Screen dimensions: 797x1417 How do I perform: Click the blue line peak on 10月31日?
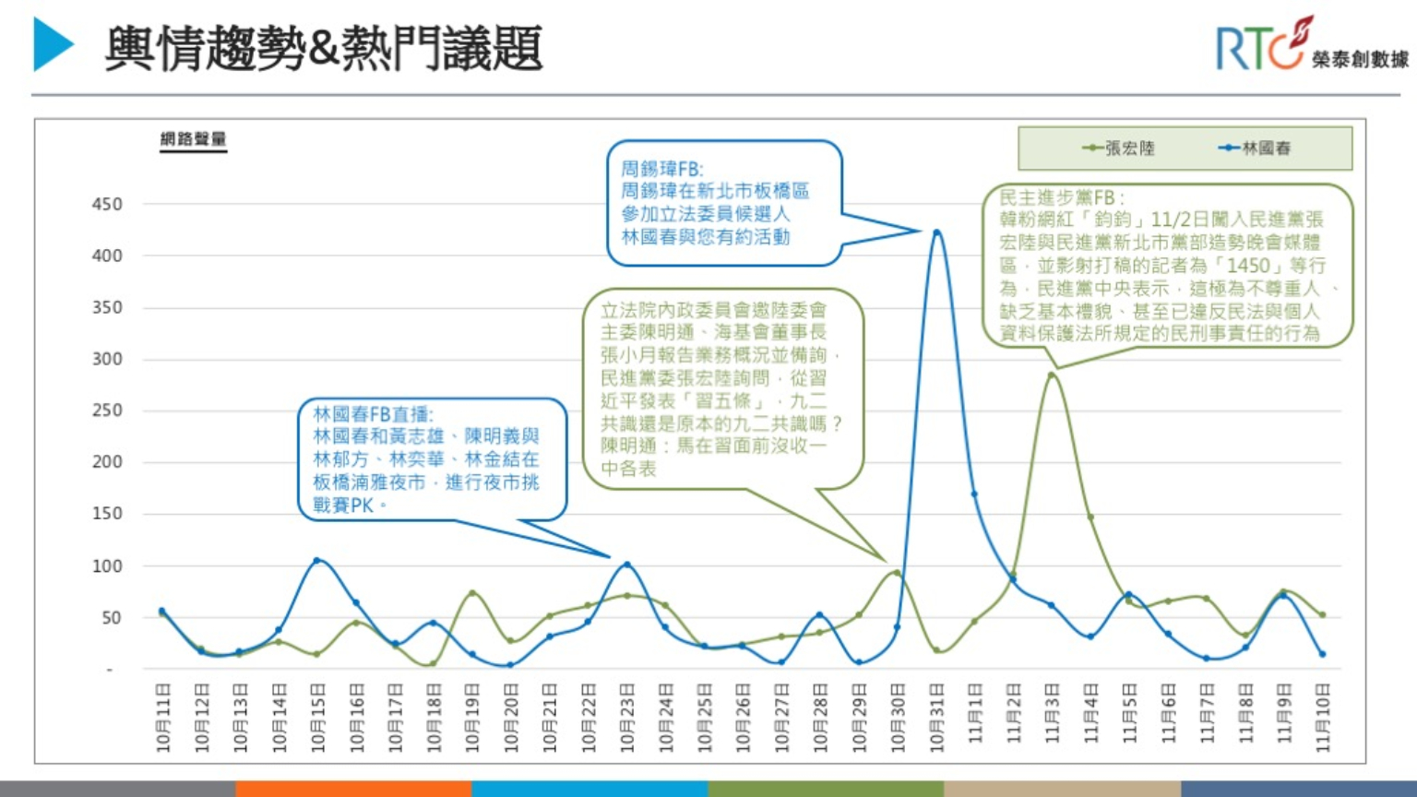936,232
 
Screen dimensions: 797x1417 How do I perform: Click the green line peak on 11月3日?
1052,375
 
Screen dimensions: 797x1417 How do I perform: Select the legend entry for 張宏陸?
1119,148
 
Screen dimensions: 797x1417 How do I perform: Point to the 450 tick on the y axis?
107,204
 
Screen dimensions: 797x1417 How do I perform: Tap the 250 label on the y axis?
107,410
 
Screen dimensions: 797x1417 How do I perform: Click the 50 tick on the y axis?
112,617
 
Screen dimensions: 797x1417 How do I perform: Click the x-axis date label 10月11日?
163,718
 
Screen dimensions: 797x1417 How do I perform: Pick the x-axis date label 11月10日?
1323,718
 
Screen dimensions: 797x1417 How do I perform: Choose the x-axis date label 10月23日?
627,718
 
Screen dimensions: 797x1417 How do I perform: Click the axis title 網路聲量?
193,139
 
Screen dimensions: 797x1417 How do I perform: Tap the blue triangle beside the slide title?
53,44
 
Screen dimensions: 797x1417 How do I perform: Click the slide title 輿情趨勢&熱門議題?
323,48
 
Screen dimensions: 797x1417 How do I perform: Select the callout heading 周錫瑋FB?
661,169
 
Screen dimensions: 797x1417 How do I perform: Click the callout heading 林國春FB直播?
373,414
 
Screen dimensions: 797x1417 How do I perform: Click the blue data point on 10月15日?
317,561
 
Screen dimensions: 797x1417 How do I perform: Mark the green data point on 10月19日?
472,593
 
